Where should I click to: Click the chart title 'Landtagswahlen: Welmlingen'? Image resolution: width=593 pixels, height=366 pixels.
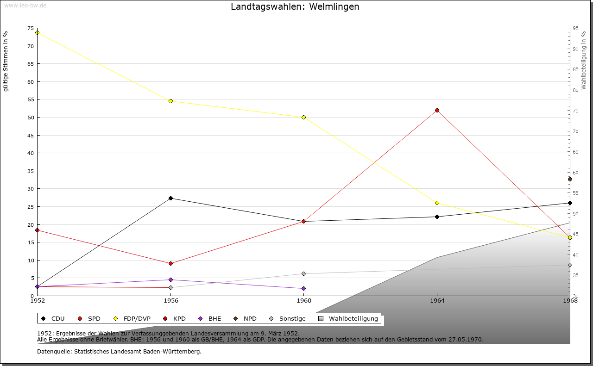click(295, 7)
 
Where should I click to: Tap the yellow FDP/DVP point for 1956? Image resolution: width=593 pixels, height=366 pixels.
click(170, 101)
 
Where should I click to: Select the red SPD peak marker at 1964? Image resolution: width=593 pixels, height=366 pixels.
click(437, 110)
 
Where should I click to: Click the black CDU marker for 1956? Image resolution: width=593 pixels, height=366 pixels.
click(170, 198)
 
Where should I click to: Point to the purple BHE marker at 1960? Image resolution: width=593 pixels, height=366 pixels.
click(303, 288)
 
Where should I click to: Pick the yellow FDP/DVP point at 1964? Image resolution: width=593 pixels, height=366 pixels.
click(437, 203)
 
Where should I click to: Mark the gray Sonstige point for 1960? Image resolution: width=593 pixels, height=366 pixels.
click(303, 273)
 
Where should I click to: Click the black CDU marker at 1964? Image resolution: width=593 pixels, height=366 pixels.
click(437, 217)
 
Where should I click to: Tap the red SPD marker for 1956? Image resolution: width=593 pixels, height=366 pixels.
click(170, 263)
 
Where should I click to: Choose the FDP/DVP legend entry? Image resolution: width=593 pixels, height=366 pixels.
click(132, 319)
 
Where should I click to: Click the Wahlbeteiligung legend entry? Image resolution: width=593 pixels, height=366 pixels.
click(348, 319)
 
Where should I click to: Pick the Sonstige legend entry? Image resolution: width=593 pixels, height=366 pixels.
click(287, 319)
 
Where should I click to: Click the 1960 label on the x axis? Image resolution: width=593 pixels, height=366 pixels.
click(303, 301)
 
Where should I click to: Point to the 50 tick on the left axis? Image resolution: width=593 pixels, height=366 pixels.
click(31, 118)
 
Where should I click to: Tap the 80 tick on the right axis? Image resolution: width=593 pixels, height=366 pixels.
click(575, 90)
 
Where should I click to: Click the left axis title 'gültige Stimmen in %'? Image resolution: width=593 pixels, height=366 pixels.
click(6, 61)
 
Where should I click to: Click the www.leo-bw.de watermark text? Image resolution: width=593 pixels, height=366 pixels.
click(25, 5)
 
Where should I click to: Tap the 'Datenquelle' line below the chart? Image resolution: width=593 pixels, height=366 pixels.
click(119, 352)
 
